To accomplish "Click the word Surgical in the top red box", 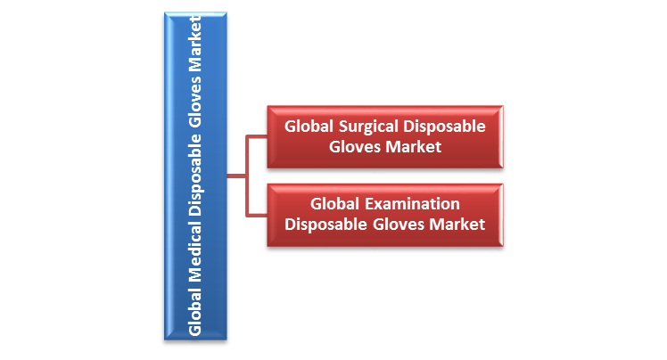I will tap(364, 127).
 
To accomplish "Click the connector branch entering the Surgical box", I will tap(256, 137).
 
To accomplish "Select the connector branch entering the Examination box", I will tap(256, 215).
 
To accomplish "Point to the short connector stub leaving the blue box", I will tap(235, 176).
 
